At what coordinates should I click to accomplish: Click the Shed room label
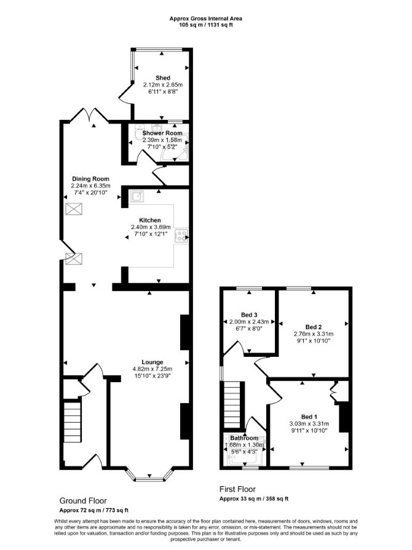click(x=163, y=78)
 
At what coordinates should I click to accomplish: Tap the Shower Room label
click(x=162, y=134)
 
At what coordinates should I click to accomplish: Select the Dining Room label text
click(x=90, y=179)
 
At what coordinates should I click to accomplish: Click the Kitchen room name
click(x=150, y=220)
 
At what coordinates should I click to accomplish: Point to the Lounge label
click(x=152, y=362)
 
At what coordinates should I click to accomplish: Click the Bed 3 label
click(x=249, y=315)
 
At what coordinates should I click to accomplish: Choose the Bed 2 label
click(x=314, y=327)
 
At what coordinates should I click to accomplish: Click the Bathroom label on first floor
click(x=244, y=438)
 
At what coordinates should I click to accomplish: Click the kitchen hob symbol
click(x=181, y=236)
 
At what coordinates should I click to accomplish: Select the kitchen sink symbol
click(x=137, y=197)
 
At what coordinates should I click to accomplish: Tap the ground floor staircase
click(x=73, y=422)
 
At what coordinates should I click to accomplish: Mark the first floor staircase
click(x=232, y=404)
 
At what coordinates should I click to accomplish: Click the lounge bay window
click(x=149, y=475)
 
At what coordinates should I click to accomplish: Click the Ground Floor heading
click(x=83, y=501)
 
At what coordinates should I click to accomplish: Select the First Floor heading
click(x=238, y=489)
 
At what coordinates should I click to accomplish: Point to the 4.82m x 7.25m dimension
click(x=152, y=369)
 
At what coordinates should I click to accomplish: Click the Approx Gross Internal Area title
click(x=206, y=18)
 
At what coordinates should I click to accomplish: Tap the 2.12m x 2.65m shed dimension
click(x=163, y=85)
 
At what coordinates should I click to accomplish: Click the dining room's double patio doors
click(x=91, y=115)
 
